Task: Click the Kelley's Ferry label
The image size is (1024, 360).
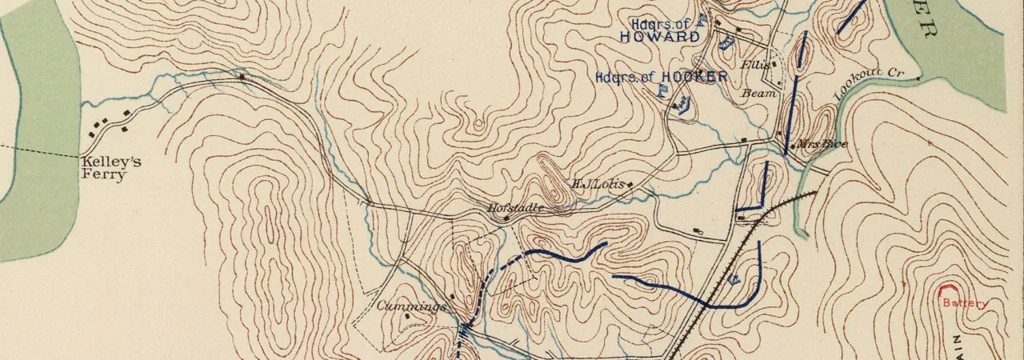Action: pyautogui.click(x=110, y=168)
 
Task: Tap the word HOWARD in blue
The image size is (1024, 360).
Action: pyautogui.click(x=659, y=37)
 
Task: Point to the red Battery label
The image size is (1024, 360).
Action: pyautogui.click(x=965, y=303)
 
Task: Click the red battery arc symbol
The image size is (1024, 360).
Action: pyautogui.click(x=949, y=290)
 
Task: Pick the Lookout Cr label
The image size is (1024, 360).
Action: pyautogui.click(x=868, y=83)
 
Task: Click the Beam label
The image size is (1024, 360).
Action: pyautogui.click(x=760, y=93)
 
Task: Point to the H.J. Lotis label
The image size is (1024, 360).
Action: pyautogui.click(x=596, y=183)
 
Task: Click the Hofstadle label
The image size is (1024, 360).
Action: pyautogui.click(x=515, y=207)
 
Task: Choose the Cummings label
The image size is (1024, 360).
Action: pyautogui.click(x=411, y=306)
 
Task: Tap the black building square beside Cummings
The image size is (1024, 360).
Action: pyautogui.click(x=408, y=316)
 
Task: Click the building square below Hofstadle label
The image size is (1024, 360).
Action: pyautogui.click(x=506, y=218)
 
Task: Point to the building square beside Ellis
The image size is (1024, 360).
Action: pyautogui.click(x=774, y=64)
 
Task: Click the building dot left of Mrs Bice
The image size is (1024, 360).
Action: pyautogui.click(x=792, y=146)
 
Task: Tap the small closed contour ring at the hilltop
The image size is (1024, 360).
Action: pyautogui.click(x=478, y=124)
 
